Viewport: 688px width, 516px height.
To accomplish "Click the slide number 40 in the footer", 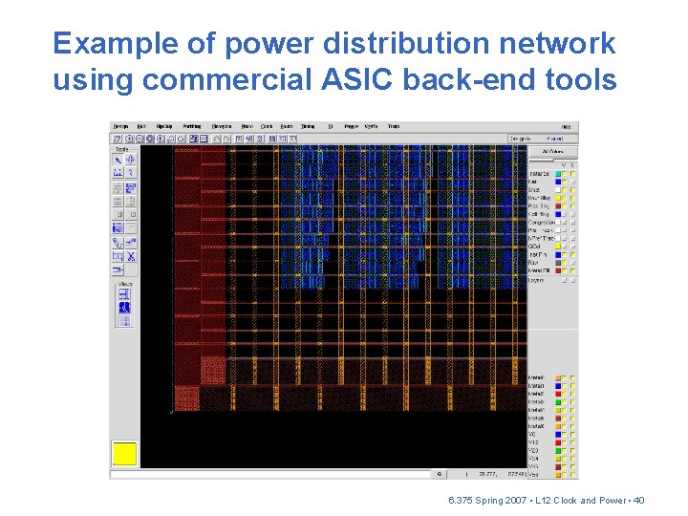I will pyautogui.click(x=639, y=500).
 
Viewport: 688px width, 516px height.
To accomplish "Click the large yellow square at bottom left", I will pyautogui.click(x=125, y=454).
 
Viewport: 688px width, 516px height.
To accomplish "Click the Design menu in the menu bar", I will pyautogui.click(x=120, y=126).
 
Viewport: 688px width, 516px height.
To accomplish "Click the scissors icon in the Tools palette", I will pyautogui.click(x=131, y=256).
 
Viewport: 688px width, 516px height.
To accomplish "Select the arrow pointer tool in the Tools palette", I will pyautogui.click(x=118, y=161).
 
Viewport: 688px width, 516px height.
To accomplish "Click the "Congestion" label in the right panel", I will pyautogui.click(x=541, y=222).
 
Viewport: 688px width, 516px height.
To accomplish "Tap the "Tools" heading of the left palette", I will pyautogui.click(x=121, y=149).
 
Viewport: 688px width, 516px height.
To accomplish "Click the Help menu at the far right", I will pyautogui.click(x=566, y=126).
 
